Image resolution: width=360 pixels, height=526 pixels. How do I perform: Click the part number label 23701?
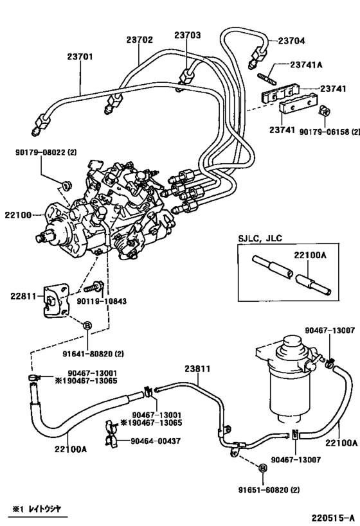pyautogui.click(x=80, y=57)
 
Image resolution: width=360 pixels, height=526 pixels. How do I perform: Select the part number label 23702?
pyautogui.click(x=139, y=40)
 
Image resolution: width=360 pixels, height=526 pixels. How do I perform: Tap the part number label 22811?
pyautogui.click(x=22, y=296)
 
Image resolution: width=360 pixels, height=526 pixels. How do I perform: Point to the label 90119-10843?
pyautogui.click(x=127, y=301)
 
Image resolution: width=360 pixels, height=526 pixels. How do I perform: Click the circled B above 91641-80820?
pyautogui.click(x=88, y=326)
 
